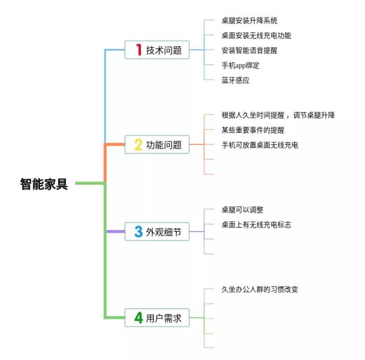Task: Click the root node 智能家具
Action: click(44, 184)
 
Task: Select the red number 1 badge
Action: click(138, 50)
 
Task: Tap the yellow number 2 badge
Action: click(138, 145)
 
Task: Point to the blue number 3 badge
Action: click(138, 232)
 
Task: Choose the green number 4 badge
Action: click(138, 318)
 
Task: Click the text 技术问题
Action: click(164, 50)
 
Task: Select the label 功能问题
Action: click(164, 145)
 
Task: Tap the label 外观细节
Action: click(164, 232)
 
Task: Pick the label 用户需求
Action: click(164, 318)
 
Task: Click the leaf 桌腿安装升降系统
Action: click(249, 21)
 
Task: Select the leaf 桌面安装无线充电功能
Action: click(256, 35)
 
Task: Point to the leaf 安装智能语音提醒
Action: click(249, 50)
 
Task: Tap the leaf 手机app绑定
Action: click(241, 65)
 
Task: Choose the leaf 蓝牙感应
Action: click(236, 80)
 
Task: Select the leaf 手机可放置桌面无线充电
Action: click(259, 145)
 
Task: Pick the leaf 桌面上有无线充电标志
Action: click(256, 225)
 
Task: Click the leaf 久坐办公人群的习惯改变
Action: click(259, 289)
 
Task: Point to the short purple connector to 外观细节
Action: click(115, 232)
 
